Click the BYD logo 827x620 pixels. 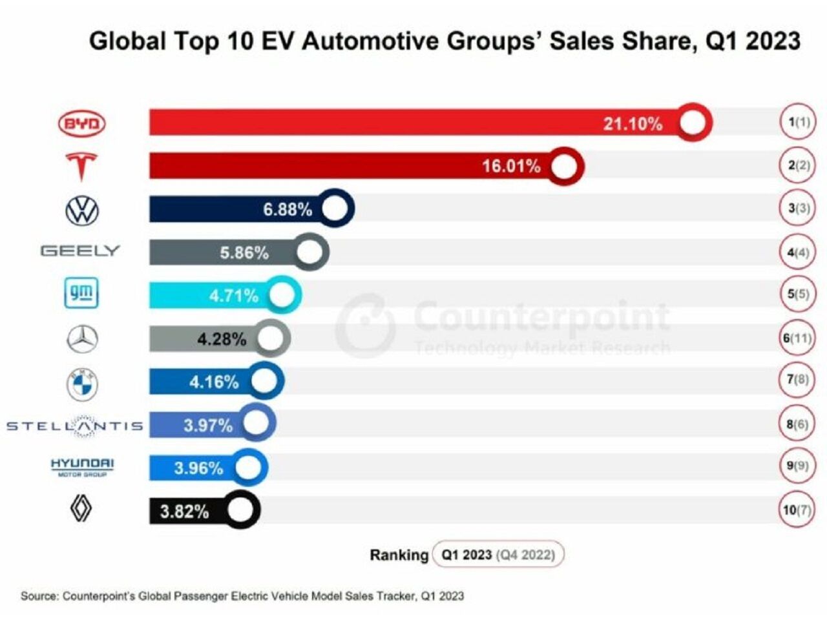tap(81, 123)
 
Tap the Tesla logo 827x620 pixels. tap(81, 166)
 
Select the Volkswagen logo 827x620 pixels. tap(82, 210)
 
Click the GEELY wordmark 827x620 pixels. tap(80, 251)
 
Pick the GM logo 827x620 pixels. tap(81, 293)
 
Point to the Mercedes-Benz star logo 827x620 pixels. tap(82, 339)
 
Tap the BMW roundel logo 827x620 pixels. tap(82, 384)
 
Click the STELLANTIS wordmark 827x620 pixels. tap(75, 426)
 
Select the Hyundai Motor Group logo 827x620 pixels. tap(82, 466)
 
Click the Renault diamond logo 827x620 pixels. tap(81, 509)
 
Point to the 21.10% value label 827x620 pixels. tap(633, 123)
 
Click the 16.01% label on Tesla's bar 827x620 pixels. tap(511, 166)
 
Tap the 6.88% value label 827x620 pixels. tap(288, 209)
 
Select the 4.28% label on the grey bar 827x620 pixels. tap(222, 338)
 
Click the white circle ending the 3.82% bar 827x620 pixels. tap(240, 510)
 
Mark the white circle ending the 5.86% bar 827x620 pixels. tap(309, 252)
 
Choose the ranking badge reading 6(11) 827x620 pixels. tap(797, 338)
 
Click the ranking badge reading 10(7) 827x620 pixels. tap(797, 510)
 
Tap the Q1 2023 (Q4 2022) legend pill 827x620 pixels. tap(497, 554)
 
